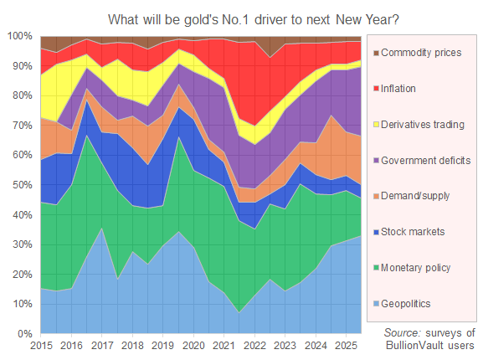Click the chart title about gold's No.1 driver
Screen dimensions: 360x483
coord(241,18)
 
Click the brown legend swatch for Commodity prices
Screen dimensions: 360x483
coord(373,52)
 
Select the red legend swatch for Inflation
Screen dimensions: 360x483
coord(373,88)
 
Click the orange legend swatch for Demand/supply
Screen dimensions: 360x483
coord(373,196)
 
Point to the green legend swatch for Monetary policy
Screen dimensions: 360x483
coord(373,268)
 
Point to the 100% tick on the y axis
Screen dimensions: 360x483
coord(20,36)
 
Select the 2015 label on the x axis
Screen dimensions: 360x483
coord(41,345)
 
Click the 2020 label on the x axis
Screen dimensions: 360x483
coord(193,345)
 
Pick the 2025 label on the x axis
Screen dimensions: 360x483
coord(345,345)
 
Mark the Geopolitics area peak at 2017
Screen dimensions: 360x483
coord(101,229)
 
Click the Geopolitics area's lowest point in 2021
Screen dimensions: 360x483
coord(239,312)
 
